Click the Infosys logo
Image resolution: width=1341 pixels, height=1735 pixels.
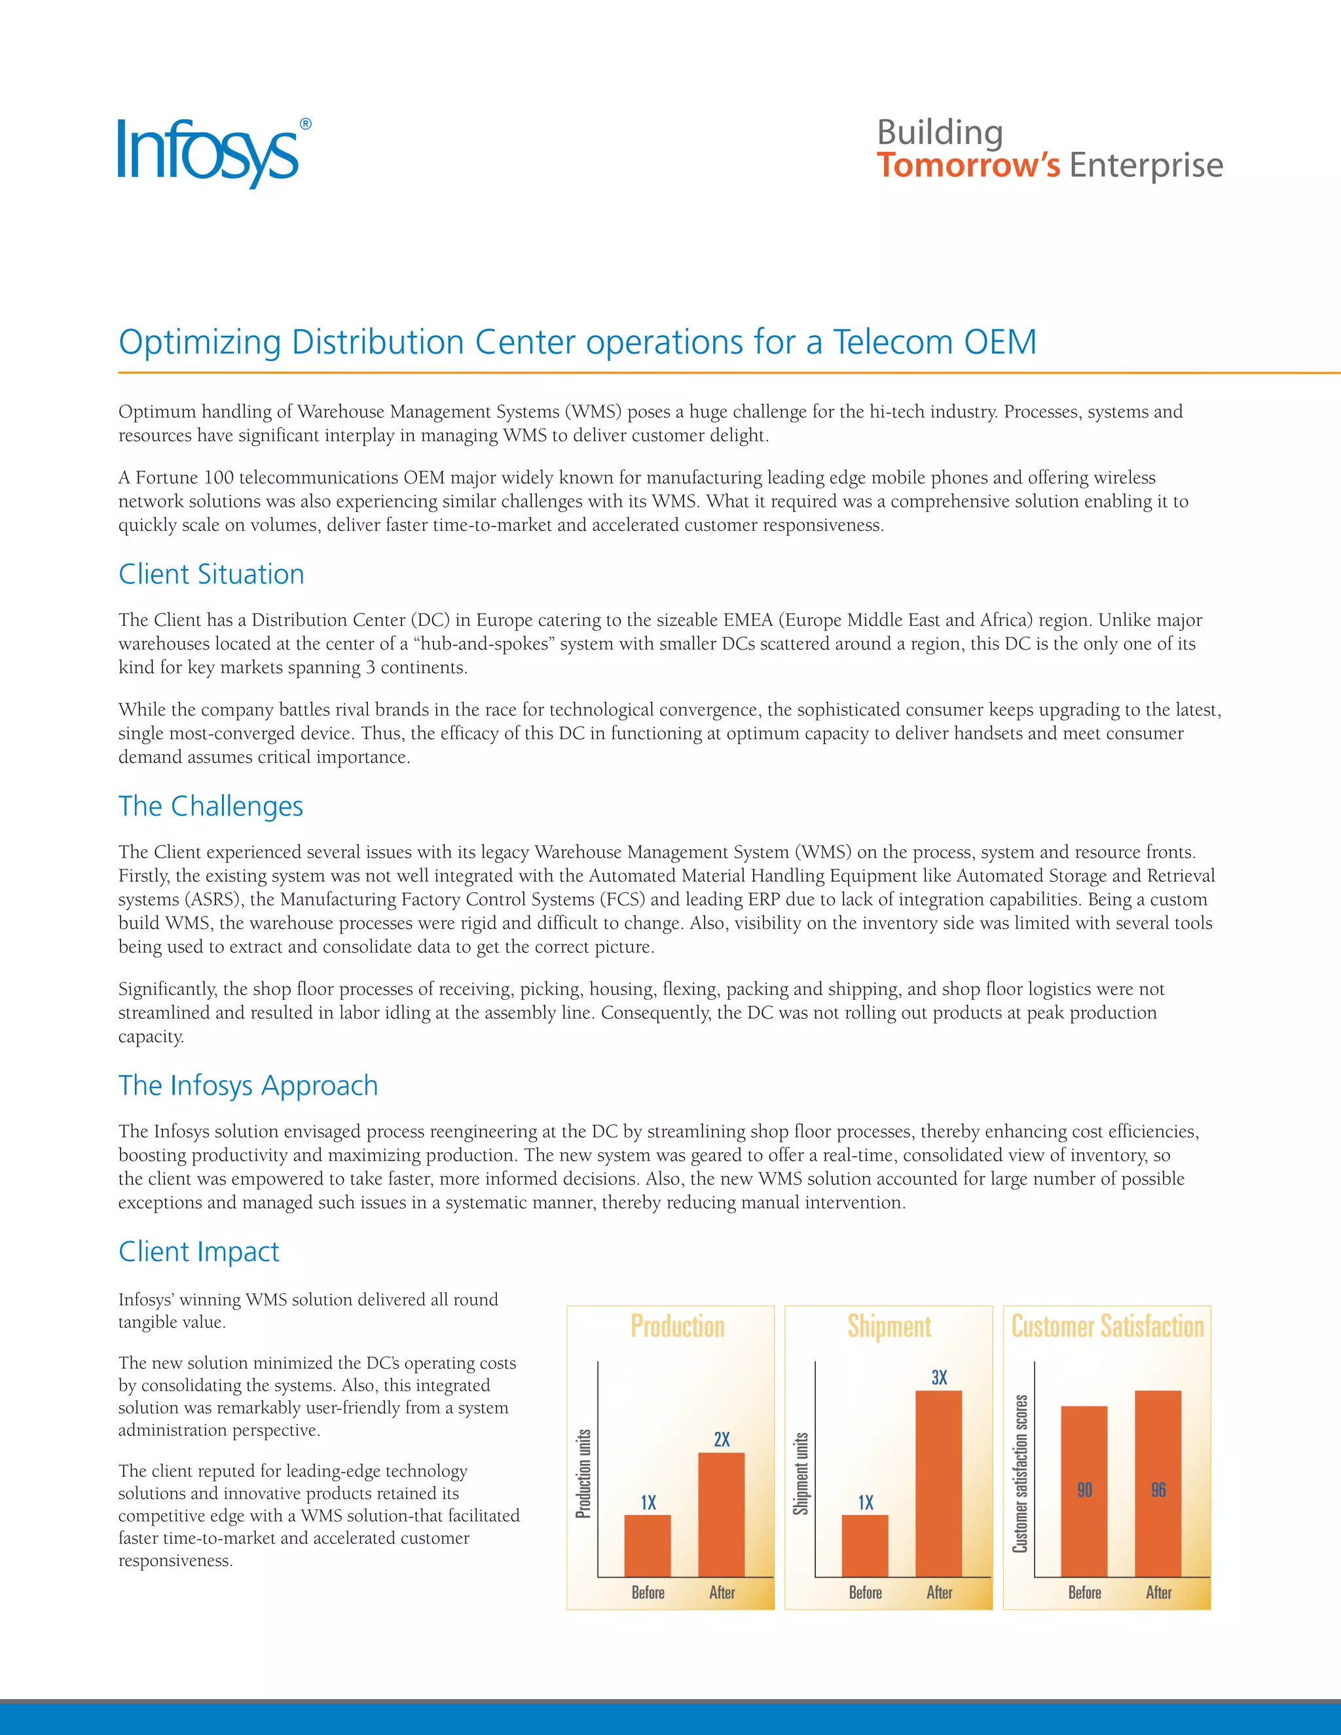click(208, 153)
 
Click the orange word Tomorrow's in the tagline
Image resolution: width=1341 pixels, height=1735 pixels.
click(968, 165)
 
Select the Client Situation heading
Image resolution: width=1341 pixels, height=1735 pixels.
click(211, 574)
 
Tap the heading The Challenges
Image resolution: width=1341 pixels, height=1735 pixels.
click(211, 807)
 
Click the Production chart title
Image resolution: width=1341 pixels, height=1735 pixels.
click(677, 1326)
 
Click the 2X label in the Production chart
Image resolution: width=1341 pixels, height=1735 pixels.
click(722, 1440)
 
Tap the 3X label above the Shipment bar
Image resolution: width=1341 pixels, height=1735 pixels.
click(939, 1378)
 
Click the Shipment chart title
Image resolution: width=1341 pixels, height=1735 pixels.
click(889, 1326)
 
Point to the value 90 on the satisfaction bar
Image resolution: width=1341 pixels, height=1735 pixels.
click(1084, 1490)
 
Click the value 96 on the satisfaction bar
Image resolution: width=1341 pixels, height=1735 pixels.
click(1158, 1490)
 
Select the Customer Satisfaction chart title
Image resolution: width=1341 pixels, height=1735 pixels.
click(1107, 1326)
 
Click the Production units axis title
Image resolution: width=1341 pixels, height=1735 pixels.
click(584, 1474)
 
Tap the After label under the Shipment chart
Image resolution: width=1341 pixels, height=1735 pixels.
click(939, 1593)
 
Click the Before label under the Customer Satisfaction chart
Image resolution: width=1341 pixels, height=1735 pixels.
click(1084, 1593)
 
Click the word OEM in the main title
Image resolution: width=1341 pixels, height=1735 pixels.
click(999, 342)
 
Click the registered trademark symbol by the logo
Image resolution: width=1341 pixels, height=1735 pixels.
click(306, 124)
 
